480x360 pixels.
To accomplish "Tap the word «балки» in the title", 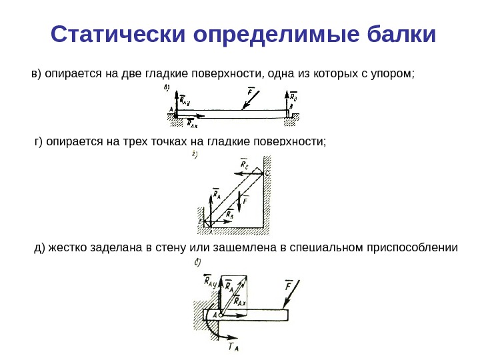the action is (x=401, y=34).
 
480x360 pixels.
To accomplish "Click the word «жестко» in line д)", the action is (x=64, y=248).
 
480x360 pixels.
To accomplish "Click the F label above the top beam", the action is (x=250, y=91).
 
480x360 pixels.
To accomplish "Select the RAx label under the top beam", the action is (x=193, y=123).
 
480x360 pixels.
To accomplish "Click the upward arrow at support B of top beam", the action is (x=289, y=107).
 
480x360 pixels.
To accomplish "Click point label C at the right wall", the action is (x=267, y=173).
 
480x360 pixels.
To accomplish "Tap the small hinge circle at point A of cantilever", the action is (x=221, y=313).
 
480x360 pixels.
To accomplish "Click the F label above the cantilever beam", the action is (x=289, y=285).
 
